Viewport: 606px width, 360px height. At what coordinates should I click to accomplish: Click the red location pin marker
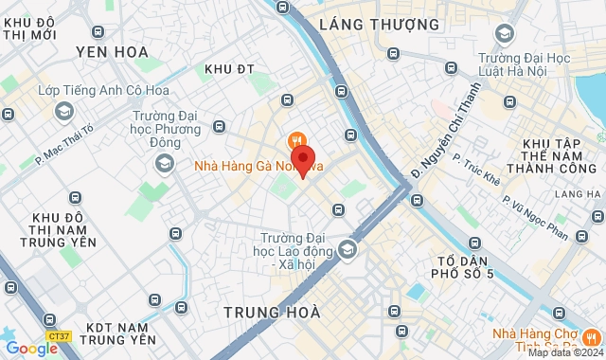(x=303, y=160)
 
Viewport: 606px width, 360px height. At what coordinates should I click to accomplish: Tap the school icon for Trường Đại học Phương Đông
(x=166, y=165)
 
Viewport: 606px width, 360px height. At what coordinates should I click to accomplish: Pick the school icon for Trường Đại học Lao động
(x=348, y=249)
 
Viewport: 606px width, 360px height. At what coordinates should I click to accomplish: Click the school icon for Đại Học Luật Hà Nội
(x=505, y=35)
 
